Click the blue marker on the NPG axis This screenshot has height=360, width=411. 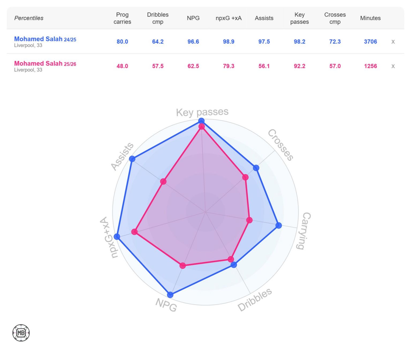pos(170,295)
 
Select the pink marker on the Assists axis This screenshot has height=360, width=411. pos(163,182)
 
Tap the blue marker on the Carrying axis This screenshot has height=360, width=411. pos(279,225)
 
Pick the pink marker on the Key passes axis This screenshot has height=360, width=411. pos(202,127)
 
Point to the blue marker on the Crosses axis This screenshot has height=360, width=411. pos(256,168)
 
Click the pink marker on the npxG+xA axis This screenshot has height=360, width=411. pos(135,232)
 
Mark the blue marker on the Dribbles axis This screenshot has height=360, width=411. pos(234,265)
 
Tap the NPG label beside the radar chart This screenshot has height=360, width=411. pos(166,305)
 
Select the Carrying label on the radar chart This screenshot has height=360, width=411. pos(304,231)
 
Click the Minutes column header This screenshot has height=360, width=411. pos(370,18)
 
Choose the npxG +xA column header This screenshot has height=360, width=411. pos(229,18)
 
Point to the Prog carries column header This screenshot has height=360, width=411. pos(122,18)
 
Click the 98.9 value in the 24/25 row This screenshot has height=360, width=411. pos(229,42)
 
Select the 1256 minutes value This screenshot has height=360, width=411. pos(370,66)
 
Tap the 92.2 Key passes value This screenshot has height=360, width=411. pos(299,66)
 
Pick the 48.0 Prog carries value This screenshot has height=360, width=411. pos(122,66)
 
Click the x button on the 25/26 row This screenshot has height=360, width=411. pos(393,66)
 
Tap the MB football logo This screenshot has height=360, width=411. pos(21,333)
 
